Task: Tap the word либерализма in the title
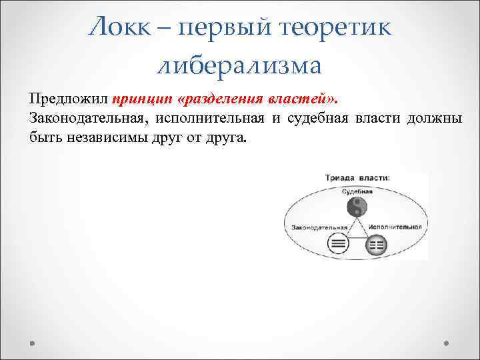pyautogui.click(x=240, y=65)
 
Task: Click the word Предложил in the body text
pyautogui.click(x=69, y=100)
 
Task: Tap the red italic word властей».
pyautogui.click(x=304, y=100)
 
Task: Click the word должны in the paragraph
pyautogui.click(x=434, y=119)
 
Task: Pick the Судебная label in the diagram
pyautogui.click(x=357, y=191)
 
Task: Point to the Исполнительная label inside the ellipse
pyautogui.click(x=396, y=227)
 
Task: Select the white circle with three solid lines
pyautogui.click(x=339, y=244)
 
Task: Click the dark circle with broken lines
pyautogui.click(x=377, y=245)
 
